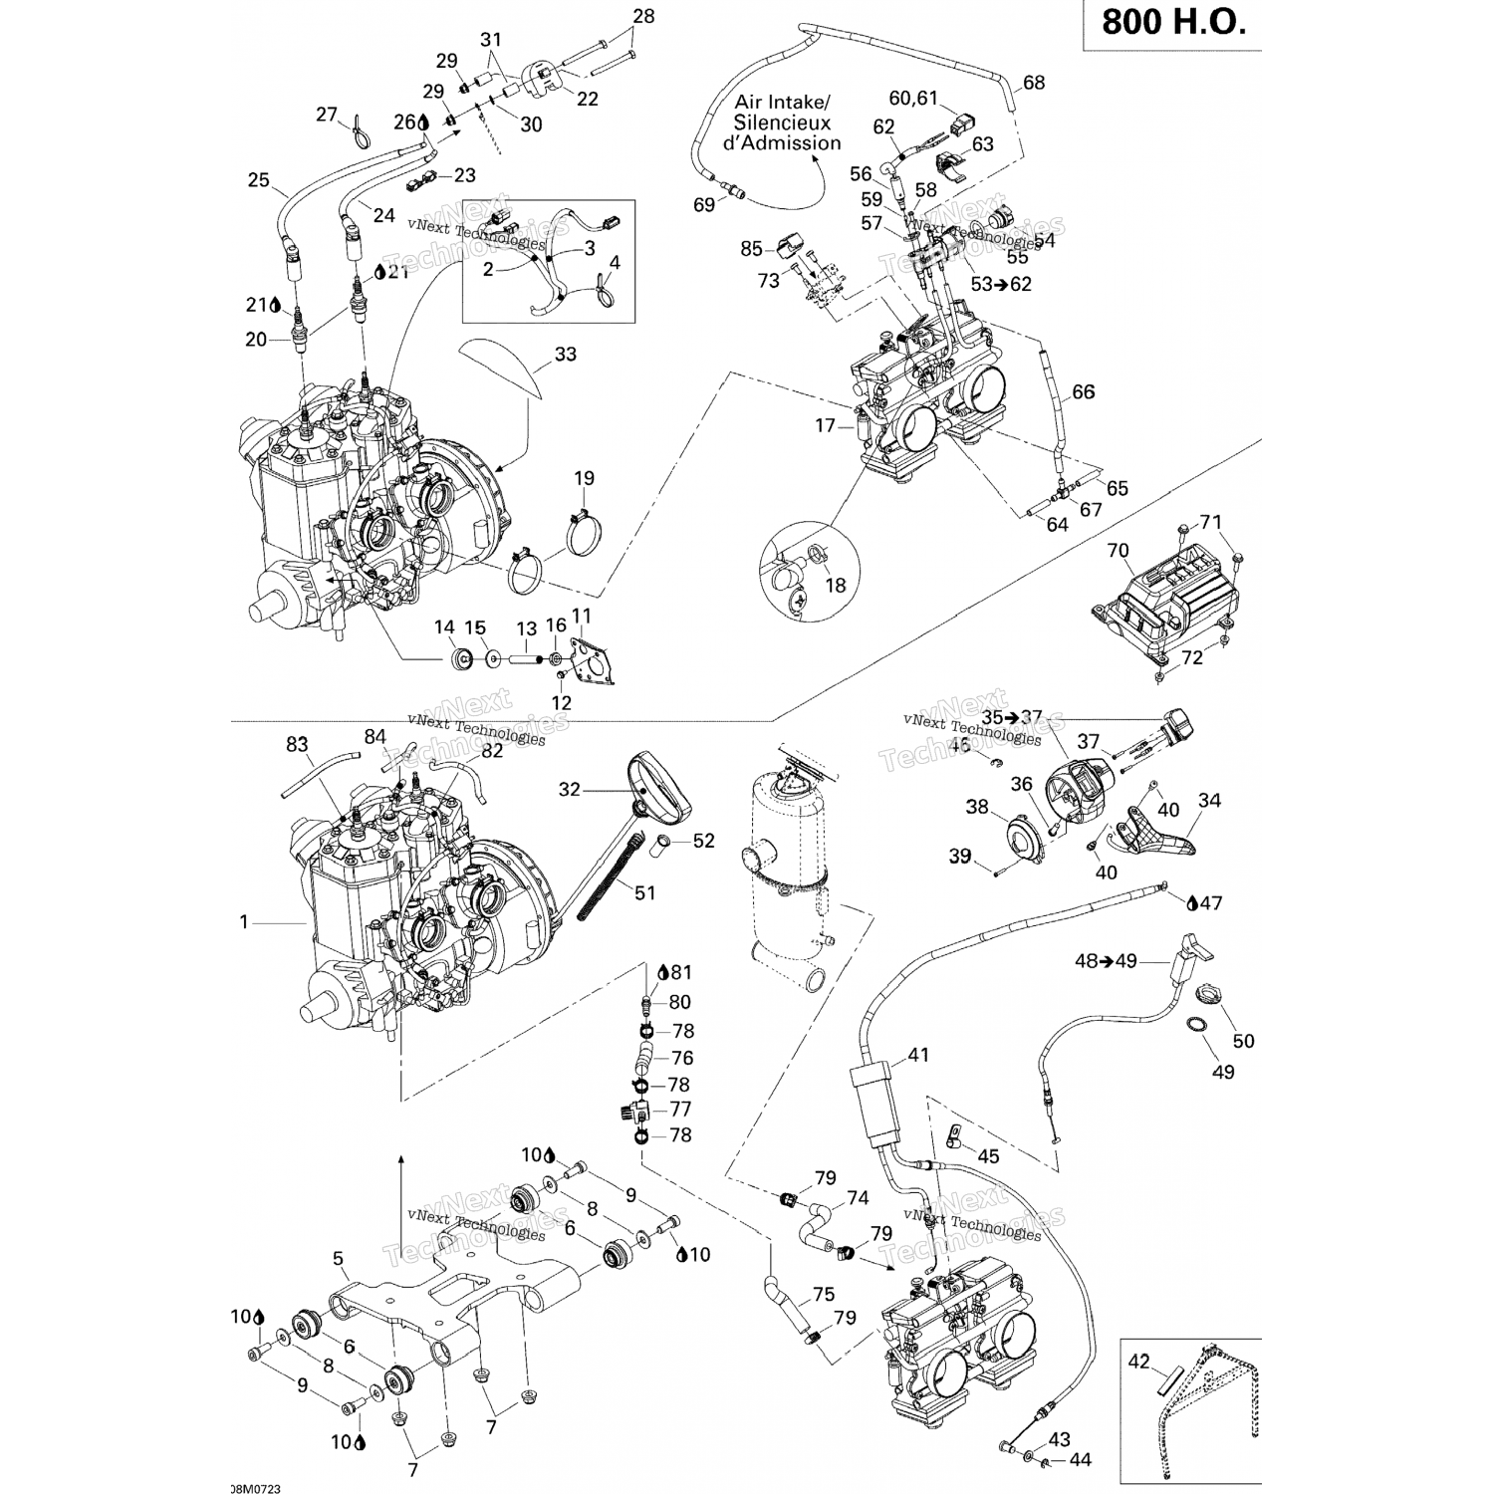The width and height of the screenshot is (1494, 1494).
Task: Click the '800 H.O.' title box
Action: [1173, 23]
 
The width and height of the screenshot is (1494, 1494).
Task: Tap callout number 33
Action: [565, 354]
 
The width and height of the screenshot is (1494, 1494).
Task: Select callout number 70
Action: [1118, 550]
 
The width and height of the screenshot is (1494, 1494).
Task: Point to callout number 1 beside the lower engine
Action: [244, 922]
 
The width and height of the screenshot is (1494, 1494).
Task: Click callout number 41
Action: [917, 1055]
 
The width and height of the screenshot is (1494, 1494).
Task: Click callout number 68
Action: [1034, 82]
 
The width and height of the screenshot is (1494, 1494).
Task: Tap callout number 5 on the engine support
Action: [339, 1258]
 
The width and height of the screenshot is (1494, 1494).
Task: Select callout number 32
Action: [569, 790]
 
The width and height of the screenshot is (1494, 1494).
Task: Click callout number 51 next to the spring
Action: [645, 892]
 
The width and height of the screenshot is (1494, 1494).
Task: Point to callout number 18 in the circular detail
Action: [836, 585]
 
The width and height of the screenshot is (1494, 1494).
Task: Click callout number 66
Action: [1083, 391]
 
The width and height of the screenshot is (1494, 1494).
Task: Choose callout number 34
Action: [1209, 800]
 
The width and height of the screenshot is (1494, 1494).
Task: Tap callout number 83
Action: [297, 744]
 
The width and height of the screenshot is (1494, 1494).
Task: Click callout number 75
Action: [823, 1294]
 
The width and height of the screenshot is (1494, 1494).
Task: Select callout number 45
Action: [988, 1156]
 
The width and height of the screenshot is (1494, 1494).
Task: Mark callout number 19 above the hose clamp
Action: [584, 478]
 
